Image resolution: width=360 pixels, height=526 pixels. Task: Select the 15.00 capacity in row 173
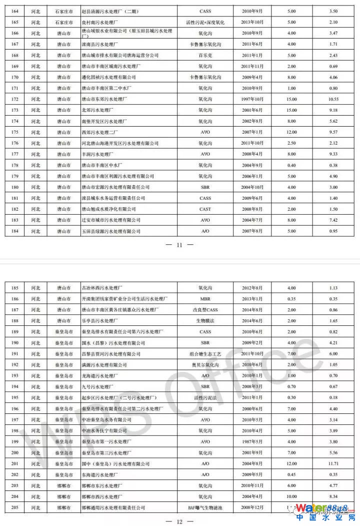(291, 110)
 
